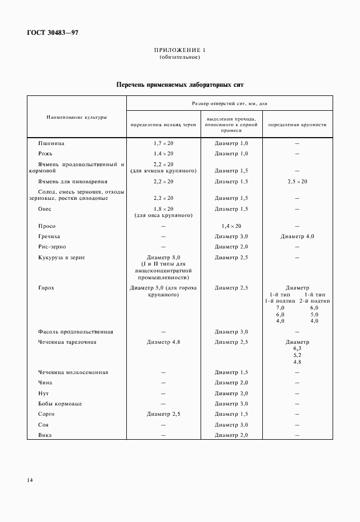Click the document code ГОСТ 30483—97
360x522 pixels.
[x=51, y=33]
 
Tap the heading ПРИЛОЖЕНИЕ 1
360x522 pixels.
[x=179, y=51]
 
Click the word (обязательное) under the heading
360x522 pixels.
[x=179, y=58]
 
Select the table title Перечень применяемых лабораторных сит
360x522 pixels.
[x=180, y=85]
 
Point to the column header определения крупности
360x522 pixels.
[x=297, y=124]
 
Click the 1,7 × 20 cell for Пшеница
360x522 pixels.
[x=163, y=143]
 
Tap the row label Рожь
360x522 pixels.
[x=46, y=154]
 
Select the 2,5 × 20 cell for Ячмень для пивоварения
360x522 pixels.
[x=297, y=182]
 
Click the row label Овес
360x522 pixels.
[x=45, y=209]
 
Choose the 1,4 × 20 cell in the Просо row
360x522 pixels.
[x=231, y=226]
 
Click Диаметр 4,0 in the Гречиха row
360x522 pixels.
[x=297, y=236]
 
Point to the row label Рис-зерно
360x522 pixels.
[x=52, y=247]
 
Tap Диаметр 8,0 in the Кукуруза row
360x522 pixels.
[x=163, y=258]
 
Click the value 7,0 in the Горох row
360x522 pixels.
[x=280, y=308]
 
